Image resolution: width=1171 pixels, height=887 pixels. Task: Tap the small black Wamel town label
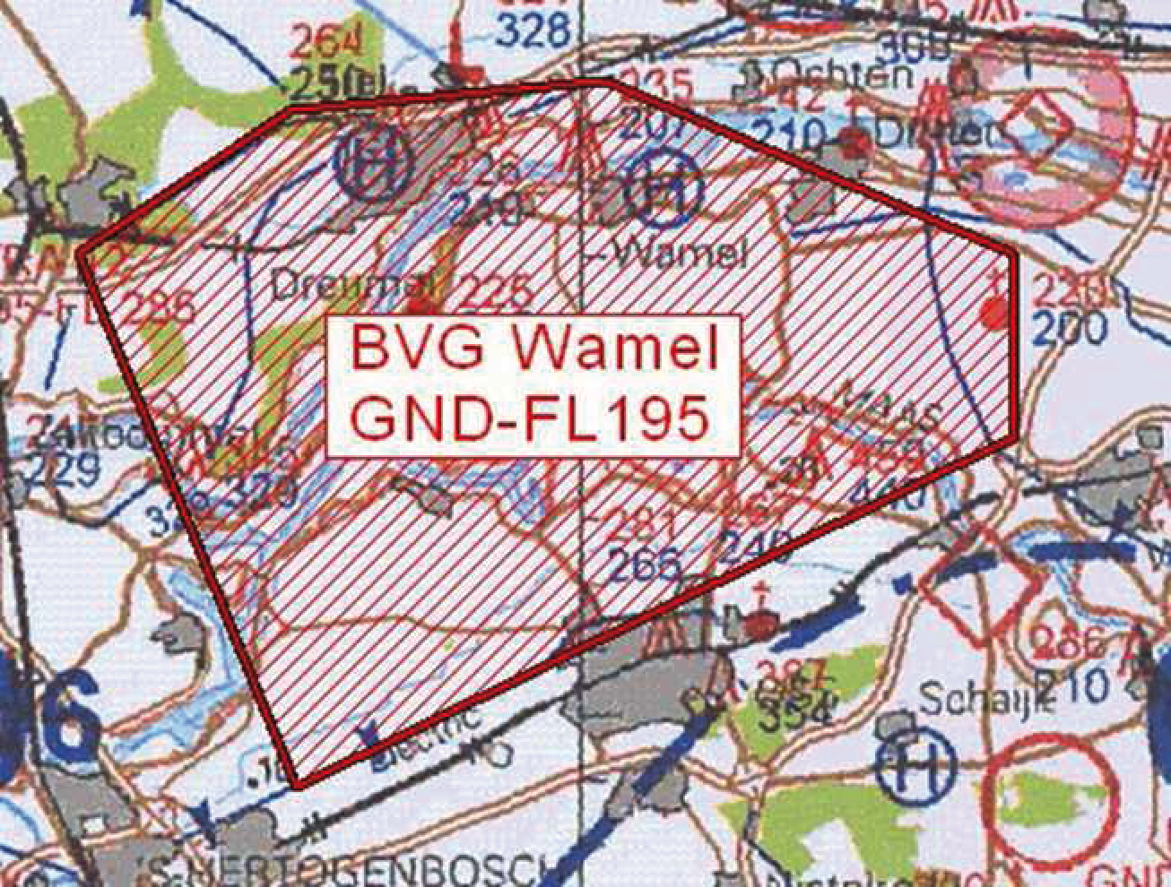(x=683, y=255)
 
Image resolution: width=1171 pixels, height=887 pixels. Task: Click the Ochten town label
(x=843, y=73)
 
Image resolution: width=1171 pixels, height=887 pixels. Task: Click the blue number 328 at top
(x=534, y=33)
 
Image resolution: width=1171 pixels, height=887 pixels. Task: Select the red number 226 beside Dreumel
(x=496, y=291)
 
